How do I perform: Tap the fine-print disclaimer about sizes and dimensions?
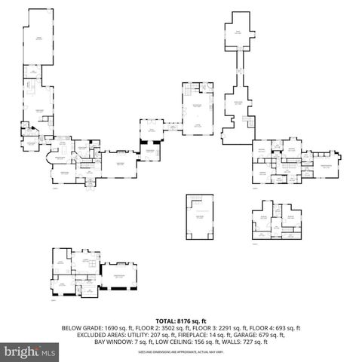[x=181, y=349]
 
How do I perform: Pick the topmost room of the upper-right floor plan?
[x=238, y=32]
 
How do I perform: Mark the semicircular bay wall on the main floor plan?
[x=51, y=159]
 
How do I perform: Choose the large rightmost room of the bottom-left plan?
[x=119, y=277]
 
